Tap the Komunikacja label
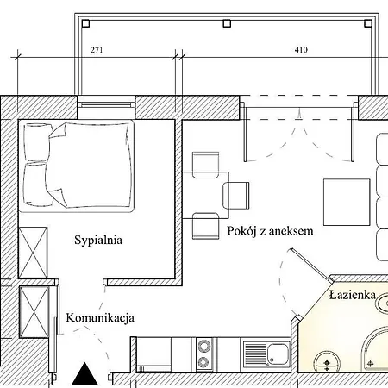pos(100,318)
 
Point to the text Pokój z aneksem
pos(270,232)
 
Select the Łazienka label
pos(352,296)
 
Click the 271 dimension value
pos(97,50)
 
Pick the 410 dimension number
pos(300,50)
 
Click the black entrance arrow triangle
pos(84,375)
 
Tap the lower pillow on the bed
pos(35,182)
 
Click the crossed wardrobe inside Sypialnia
pos(34,252)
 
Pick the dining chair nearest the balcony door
pos(207,164)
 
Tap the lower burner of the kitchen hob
pos(205,362)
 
